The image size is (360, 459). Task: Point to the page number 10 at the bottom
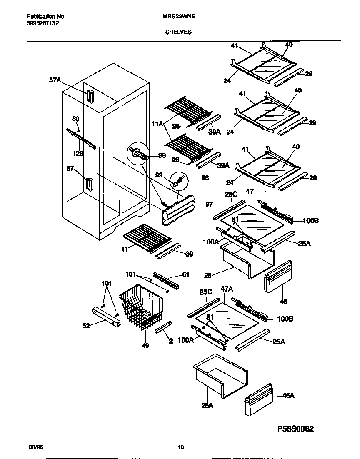[x=180, y=448]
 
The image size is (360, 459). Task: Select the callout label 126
[x=77, y=153]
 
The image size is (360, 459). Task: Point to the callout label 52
[x=86, y=326]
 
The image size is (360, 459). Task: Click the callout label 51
[x=185, y=274]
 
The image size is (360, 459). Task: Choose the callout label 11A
[x=157, y=123]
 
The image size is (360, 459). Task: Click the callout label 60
[x=75, y=119]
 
